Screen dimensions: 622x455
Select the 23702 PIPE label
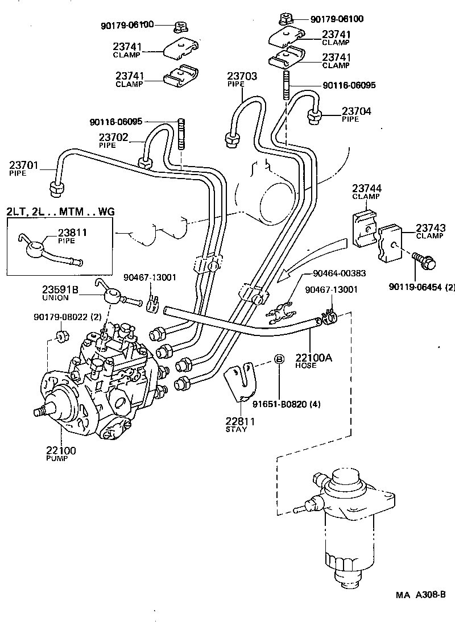113,140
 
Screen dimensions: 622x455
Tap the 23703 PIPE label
242,79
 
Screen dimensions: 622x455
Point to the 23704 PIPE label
356,115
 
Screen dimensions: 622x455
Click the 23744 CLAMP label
366,192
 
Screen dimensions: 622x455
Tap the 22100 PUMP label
61,454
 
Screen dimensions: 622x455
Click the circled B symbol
279,359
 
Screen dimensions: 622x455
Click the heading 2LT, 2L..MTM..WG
60,212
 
